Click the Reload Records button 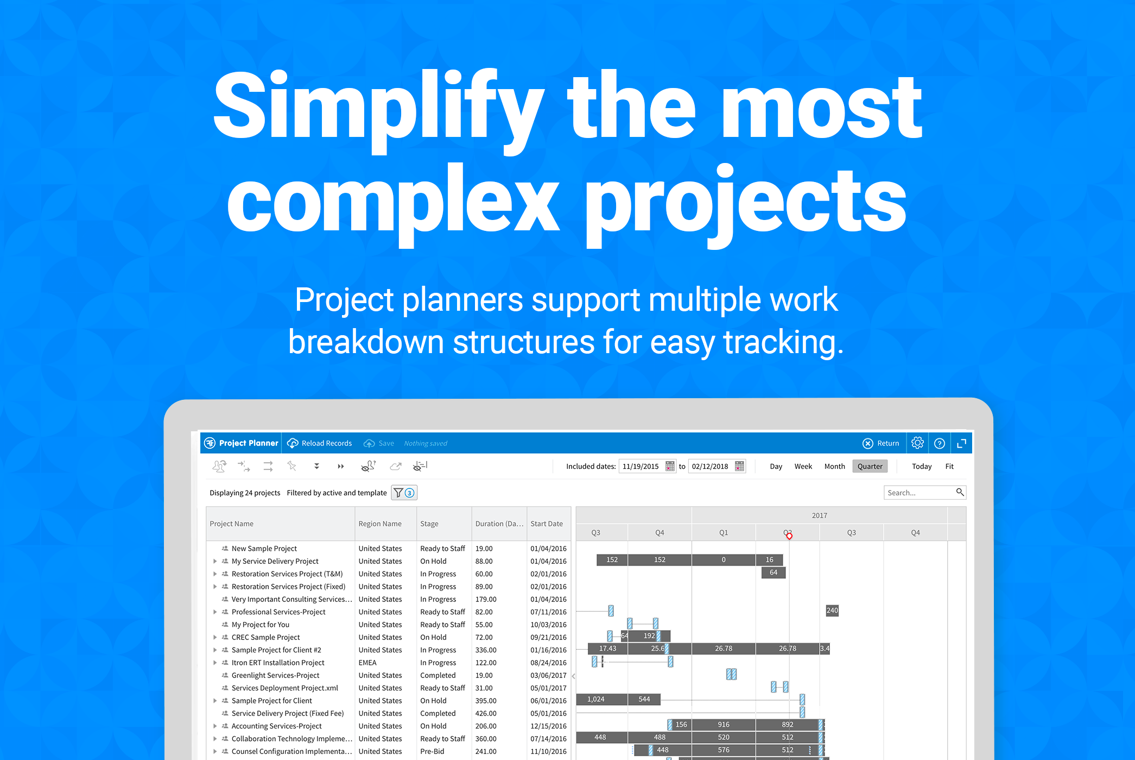click(320, 443)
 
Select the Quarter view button click(870, 466)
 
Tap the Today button click(922, 466)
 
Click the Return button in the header click(881, 443)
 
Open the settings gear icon click(917, 443)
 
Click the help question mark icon click(940, 443)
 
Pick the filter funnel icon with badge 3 click(404, 493)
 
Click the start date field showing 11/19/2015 click(641, 466)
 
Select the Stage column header click(429, 524)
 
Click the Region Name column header click(380, 524)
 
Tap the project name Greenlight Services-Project click(275, 675)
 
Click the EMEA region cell click(367, 663)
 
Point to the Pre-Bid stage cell click(432, 751)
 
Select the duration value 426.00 click(486, 713)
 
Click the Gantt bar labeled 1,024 click(602, 699)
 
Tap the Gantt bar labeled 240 click(832, 611)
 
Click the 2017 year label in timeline click(820, 516)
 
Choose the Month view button click(834, 466)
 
